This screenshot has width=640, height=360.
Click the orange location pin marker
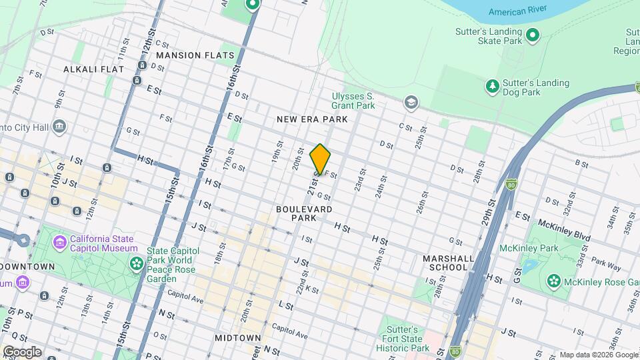click(x=320, y=160)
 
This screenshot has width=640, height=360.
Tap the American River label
click(x=518, y=11)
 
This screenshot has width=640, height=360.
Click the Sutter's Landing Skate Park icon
click(x=533, y=35)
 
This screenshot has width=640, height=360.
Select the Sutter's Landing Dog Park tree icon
click(x=493, y=86)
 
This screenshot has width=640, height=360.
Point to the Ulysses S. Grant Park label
click(x=353, y=100)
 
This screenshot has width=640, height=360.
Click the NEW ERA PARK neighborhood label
click(x=313, y=119)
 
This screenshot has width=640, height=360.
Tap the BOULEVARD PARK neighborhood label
click(x=304, y=213)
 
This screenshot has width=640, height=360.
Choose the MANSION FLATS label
click(x=195, y=55)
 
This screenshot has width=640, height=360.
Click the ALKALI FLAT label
click(x=90, y=69)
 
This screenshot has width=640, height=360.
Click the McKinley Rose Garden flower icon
click(x=553, y=281)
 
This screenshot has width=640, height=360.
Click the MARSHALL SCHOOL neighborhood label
click(x=449, y=263)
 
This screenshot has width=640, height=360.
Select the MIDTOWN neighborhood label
click(x=237, y=338)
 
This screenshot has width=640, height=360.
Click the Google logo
click(x=22, y=351)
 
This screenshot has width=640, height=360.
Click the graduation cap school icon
click(x=411, y=103)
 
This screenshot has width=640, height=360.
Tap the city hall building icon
click(x=59, y=126)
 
